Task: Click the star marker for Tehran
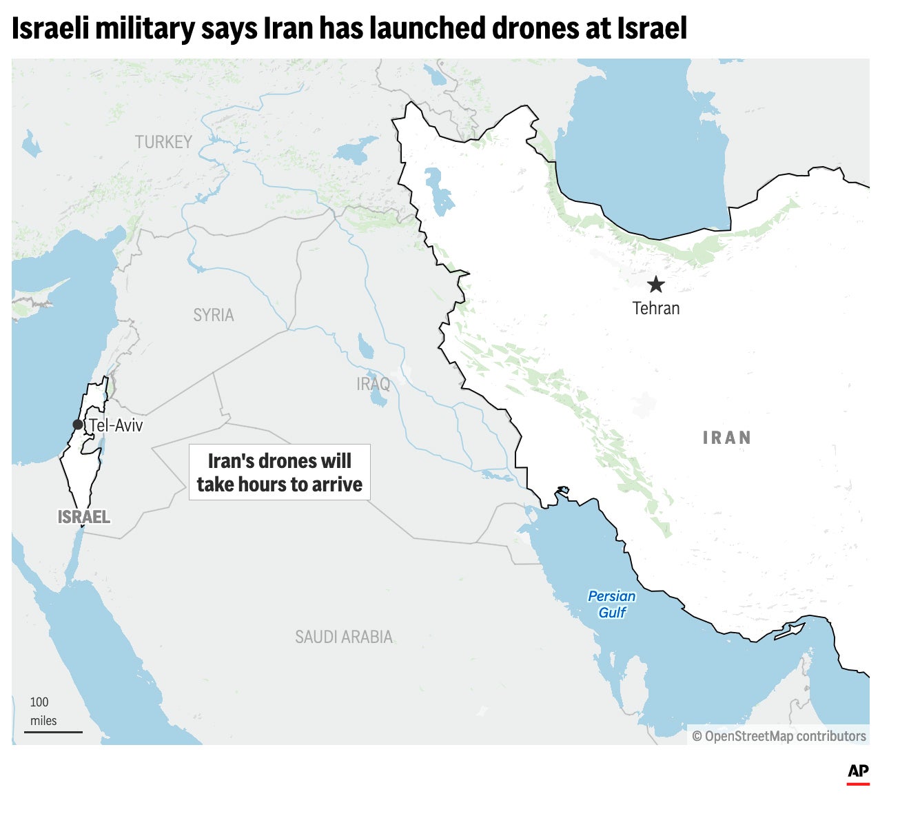655,284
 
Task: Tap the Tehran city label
656,308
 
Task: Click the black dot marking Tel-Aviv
78,425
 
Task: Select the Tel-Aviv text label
116,425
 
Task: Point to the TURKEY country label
163,142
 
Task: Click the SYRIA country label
214,315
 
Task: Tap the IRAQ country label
373,383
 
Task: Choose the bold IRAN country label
726,438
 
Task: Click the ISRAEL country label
84,517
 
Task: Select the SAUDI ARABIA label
344,637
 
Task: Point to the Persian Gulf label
611,604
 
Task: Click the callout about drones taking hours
280,472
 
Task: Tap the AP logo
858,772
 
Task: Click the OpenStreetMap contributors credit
779,736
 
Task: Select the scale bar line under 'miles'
53,732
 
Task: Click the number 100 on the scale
39,702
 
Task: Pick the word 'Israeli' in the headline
50,28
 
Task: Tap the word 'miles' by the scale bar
43,721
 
